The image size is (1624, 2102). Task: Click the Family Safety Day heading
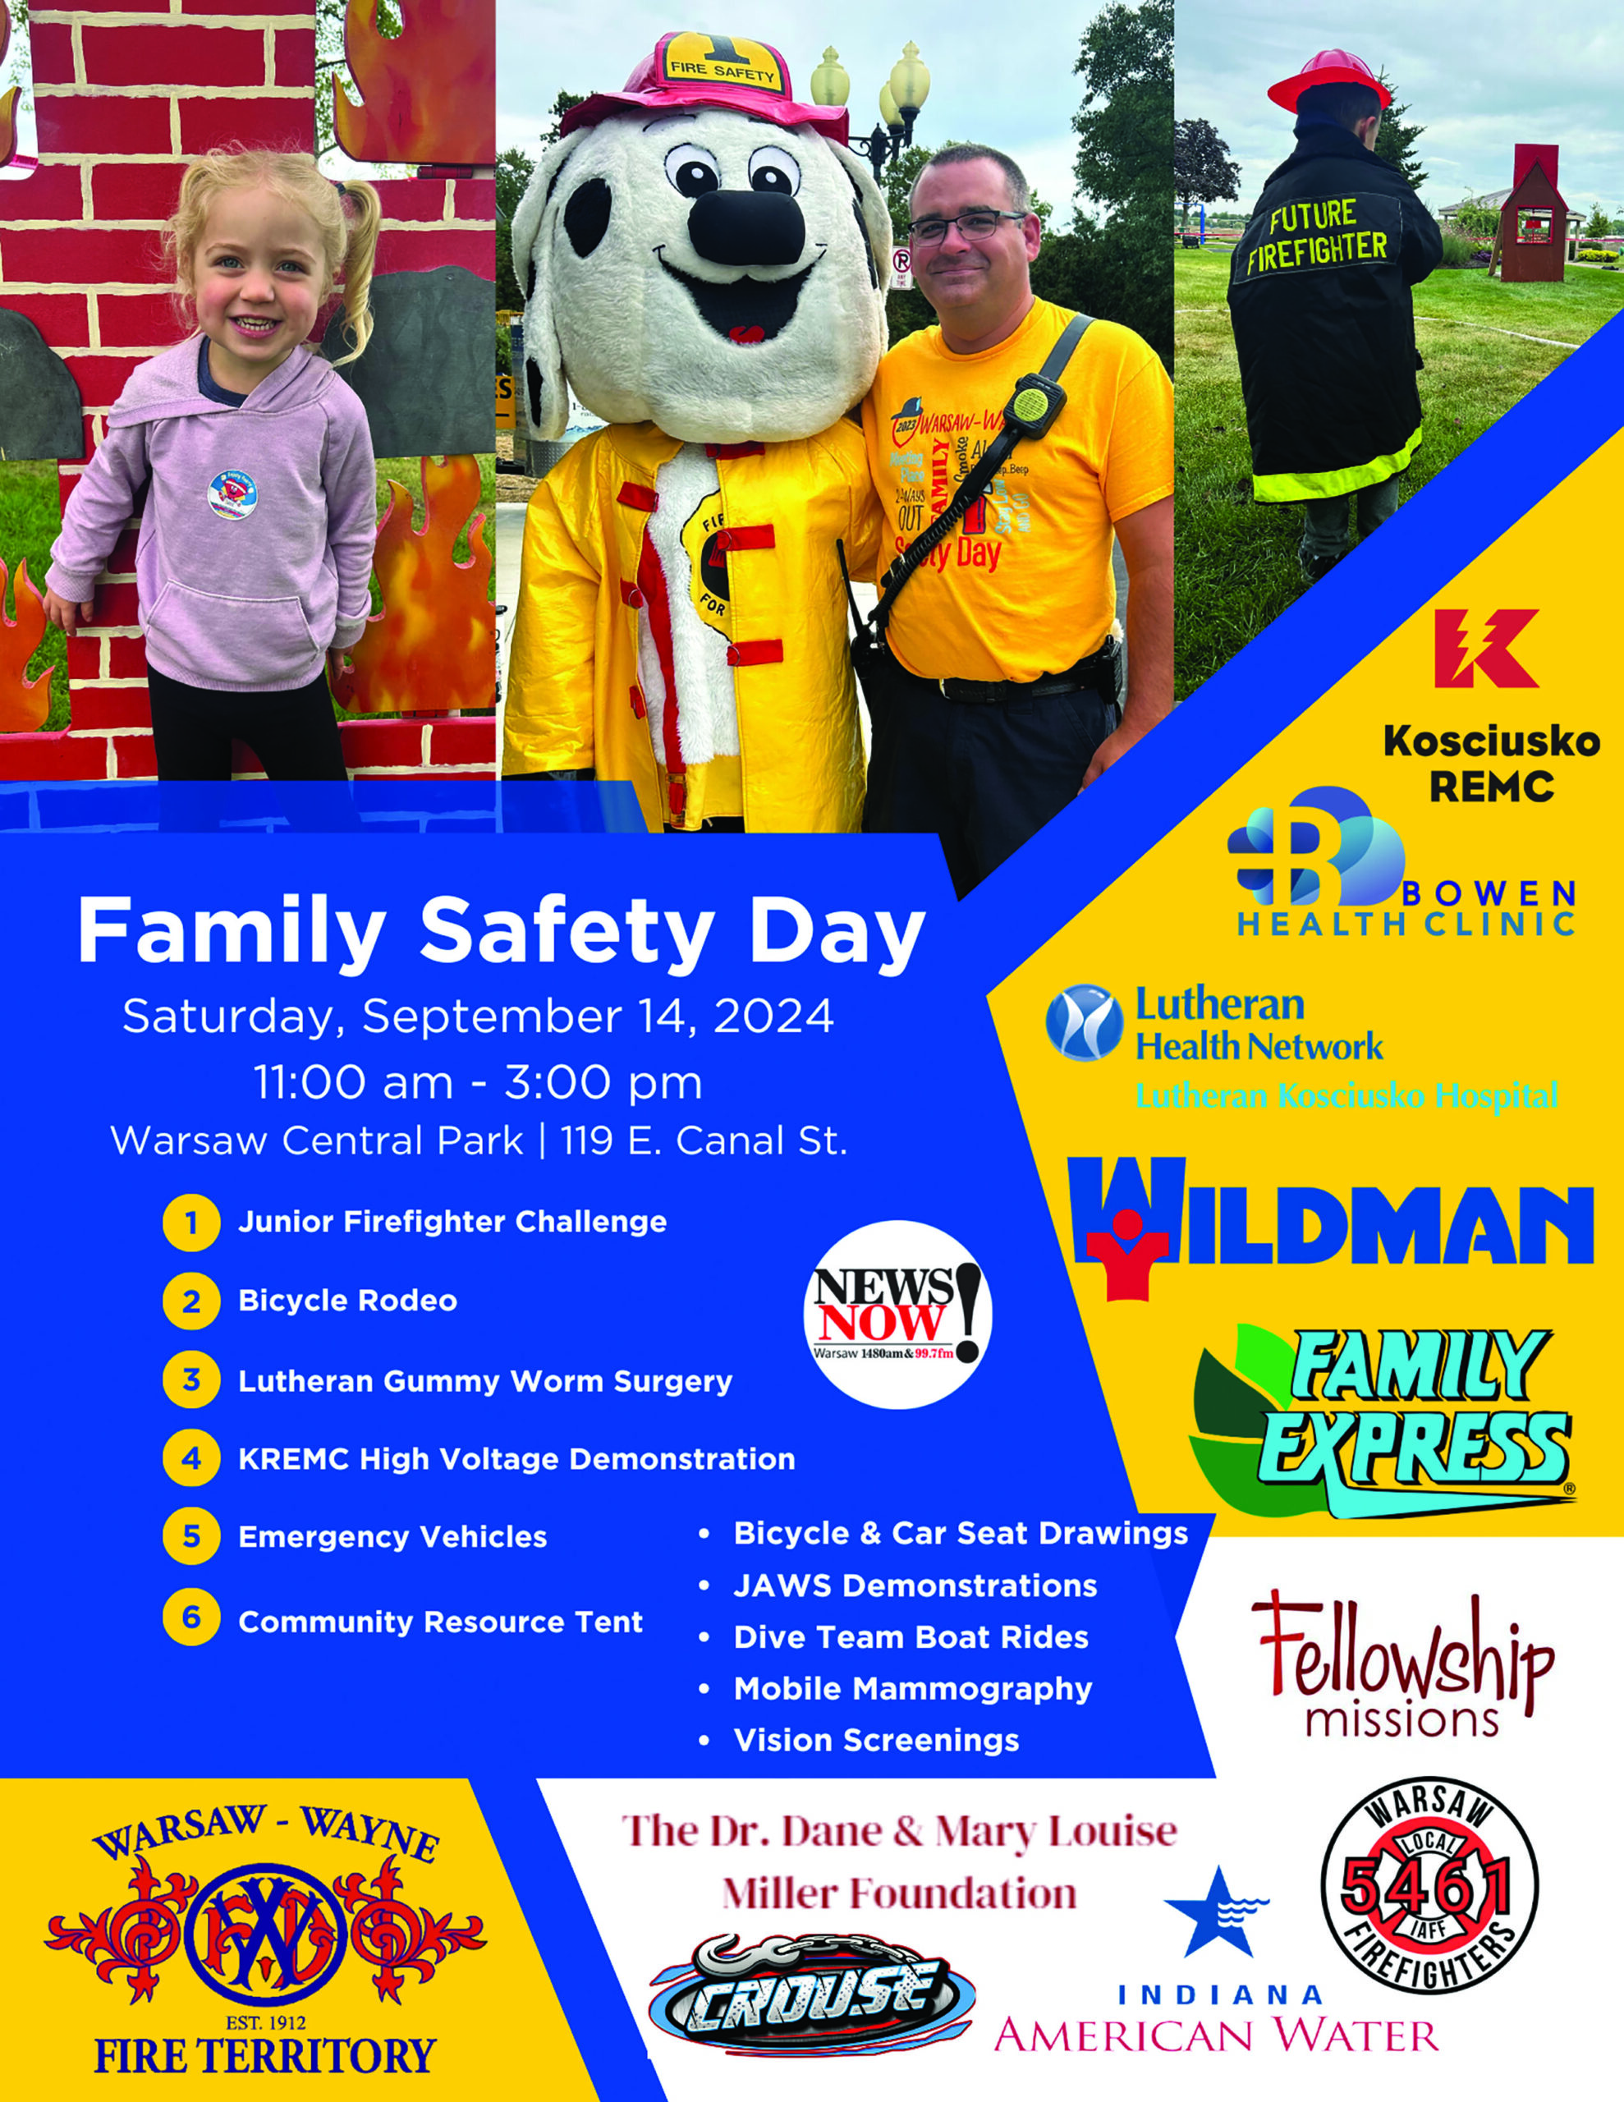502,932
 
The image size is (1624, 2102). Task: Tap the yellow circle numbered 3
191,1380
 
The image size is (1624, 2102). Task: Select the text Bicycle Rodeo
347,1301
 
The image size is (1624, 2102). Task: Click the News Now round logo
897,1315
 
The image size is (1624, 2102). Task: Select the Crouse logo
811,1994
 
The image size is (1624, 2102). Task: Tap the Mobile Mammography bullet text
913,1689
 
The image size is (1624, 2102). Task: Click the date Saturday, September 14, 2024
478,1017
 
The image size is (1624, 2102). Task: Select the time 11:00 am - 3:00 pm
479,1082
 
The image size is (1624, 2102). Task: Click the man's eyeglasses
966,226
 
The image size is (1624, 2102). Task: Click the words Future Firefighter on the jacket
1316,236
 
